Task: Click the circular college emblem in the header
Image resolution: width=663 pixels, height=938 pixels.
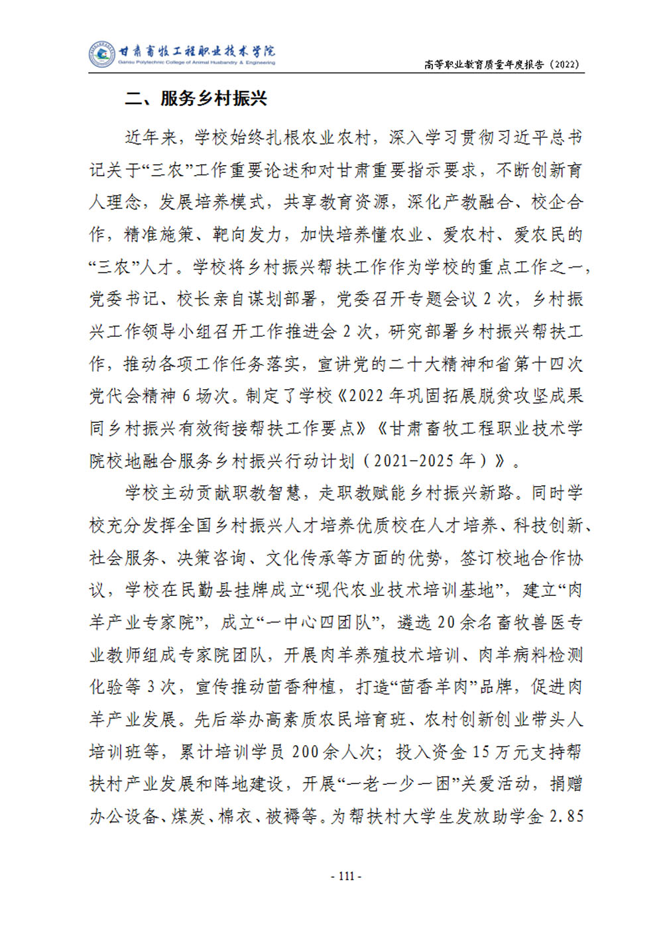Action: pyautogui.click(x=102, y=54)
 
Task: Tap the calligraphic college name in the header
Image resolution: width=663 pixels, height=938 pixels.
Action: pyautogui.click(x=197, y=51)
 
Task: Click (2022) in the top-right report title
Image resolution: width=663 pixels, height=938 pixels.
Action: pyautogui.click(x=564, y=64)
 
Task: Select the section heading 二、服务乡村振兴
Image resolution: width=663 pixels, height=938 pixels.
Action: pyautogui.click(x=196, y=99)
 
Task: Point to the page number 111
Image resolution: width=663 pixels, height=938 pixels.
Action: pyautogui.click(x=345, y=876)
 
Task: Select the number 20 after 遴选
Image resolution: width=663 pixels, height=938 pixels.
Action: pyautogui.click(x=446, y=622)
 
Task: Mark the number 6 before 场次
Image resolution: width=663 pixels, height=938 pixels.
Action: pyautogui.click(x=186, y=396)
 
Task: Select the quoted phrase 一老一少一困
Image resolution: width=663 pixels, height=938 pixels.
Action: pyautogui.click(x=399, y=784)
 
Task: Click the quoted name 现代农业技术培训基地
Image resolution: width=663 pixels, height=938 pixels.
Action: pyautogui.click(x=403, y=590)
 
